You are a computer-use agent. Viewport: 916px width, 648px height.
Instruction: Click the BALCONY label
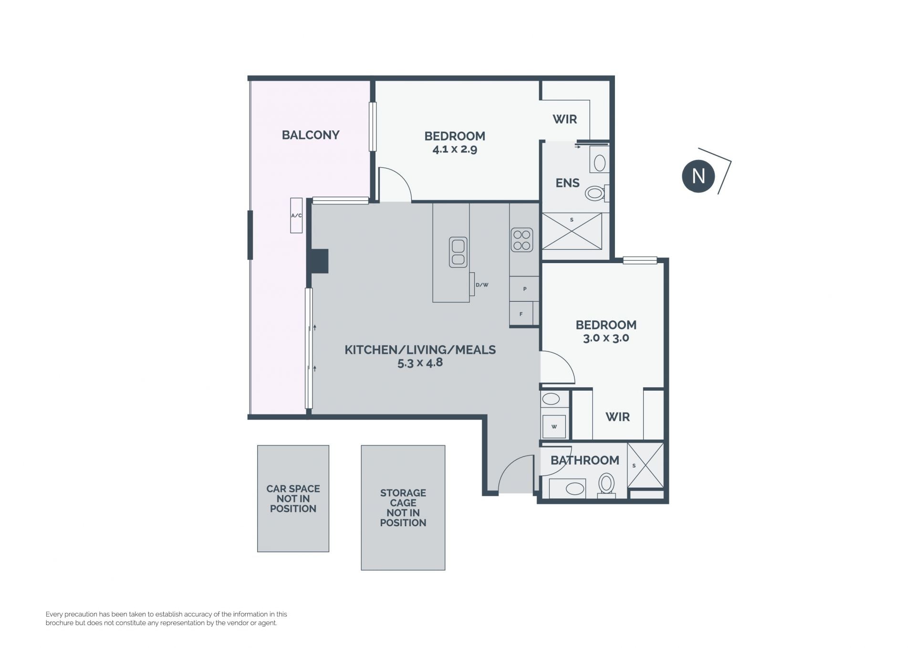click(311, 135)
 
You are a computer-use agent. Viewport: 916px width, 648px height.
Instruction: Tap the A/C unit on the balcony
click(296, 215)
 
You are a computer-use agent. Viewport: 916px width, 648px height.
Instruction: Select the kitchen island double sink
click(458, 252)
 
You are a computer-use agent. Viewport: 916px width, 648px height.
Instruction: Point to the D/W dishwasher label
click(482, 285)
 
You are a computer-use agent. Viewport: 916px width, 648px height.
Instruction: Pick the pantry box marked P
click(524, 289)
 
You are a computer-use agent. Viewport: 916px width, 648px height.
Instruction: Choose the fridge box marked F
click(521, 314)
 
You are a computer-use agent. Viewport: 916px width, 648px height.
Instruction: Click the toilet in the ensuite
click(597, 193)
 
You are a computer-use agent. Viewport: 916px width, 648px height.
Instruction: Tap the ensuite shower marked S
click(572, 231)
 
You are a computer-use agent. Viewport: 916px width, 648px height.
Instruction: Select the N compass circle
click(698, 176)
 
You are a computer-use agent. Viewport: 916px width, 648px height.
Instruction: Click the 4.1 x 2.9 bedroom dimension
click(455, 149)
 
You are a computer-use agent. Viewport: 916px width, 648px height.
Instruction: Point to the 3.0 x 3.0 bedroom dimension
click(606, 338)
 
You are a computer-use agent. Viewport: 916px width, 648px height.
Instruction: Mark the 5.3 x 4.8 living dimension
click(420, 363)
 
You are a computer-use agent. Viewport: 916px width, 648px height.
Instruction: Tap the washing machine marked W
click(554, 426)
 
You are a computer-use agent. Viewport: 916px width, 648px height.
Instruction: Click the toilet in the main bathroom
click(606, 485)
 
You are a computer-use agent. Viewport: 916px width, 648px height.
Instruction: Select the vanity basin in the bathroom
click(574, 489)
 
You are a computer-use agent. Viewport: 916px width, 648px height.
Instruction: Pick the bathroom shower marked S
click(645, 466)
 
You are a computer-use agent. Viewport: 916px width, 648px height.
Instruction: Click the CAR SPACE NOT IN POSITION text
click(293, 499)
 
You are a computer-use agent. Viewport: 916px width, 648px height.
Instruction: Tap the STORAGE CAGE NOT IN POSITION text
click(403, 508)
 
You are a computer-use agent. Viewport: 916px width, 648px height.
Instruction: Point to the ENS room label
click(568, 183)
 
